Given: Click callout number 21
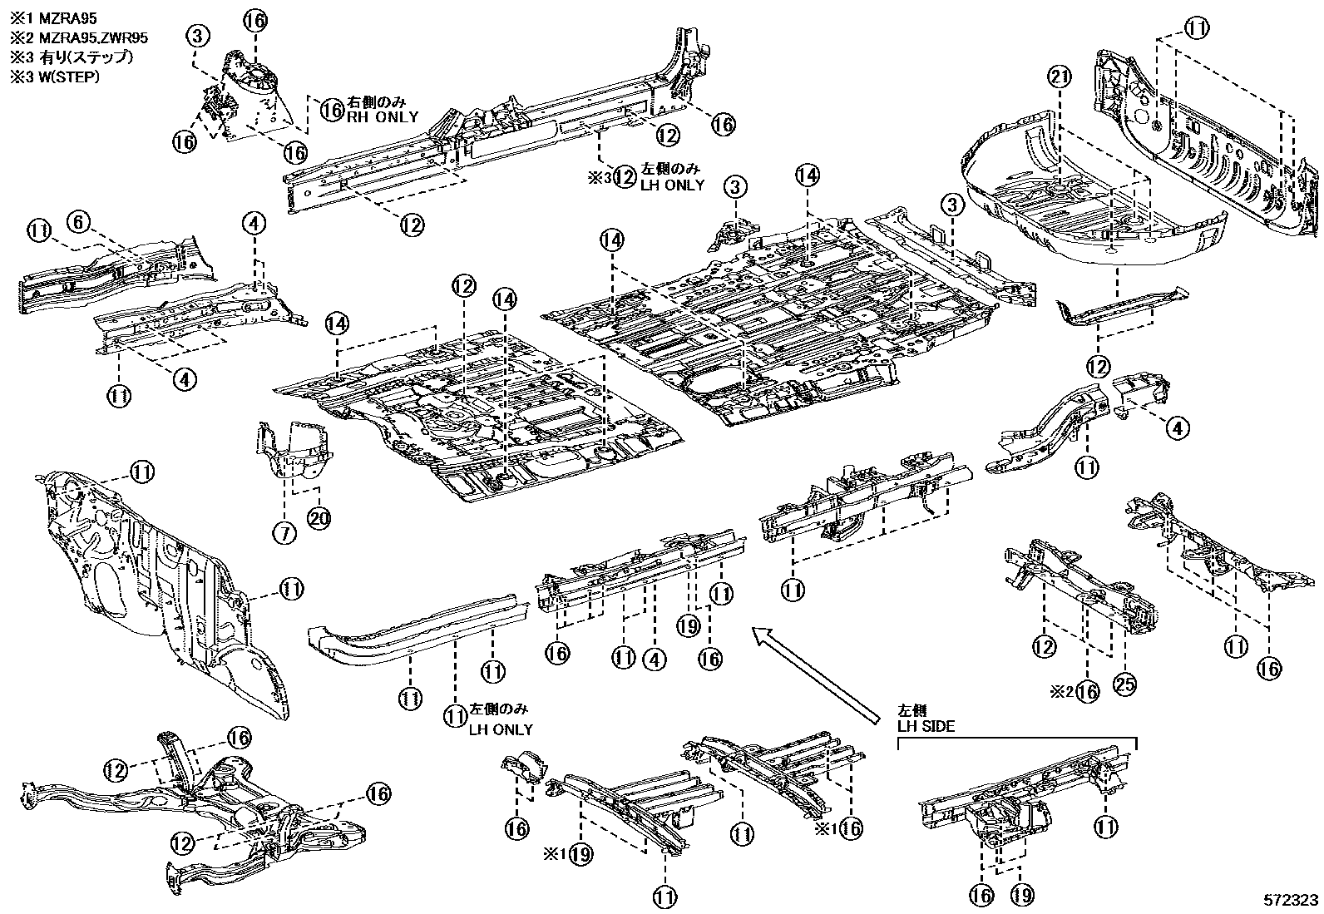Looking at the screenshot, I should pos(1057,78).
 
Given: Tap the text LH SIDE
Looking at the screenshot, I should pos(926,726).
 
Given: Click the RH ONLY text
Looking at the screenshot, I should pos(383,117).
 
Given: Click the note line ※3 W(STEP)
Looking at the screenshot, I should pos(54,77).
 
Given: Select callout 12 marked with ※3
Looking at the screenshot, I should pos(625,177).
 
